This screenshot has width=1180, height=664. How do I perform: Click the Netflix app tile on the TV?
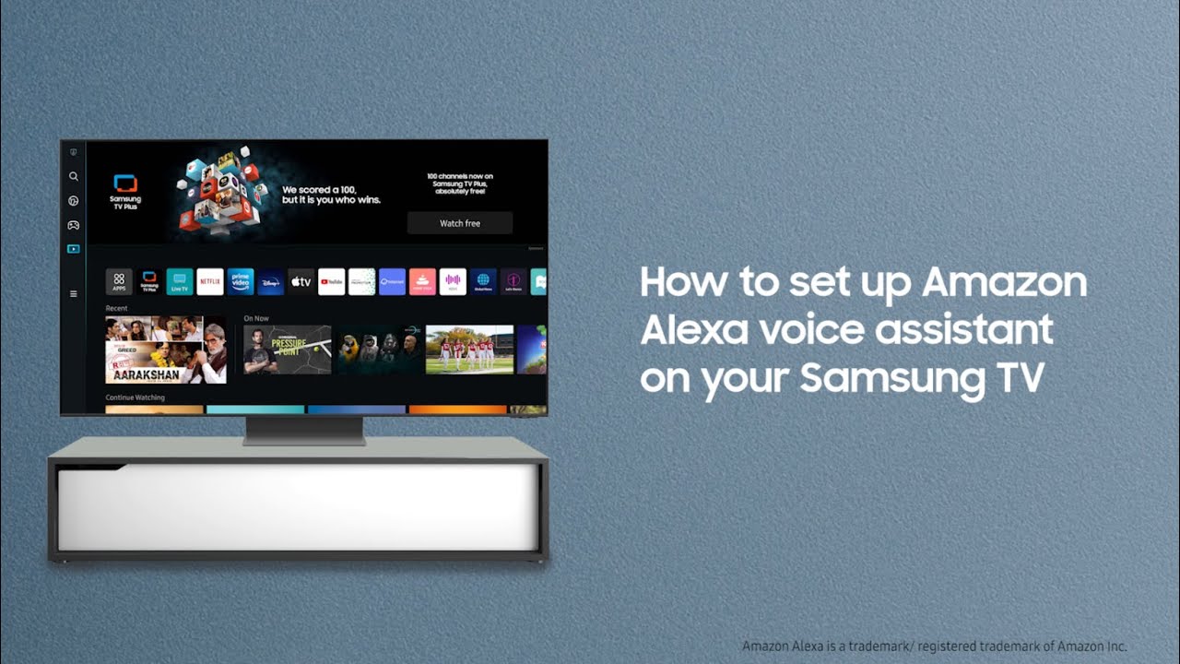tap(210, 281)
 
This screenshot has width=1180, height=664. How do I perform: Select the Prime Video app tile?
tap(241, 281)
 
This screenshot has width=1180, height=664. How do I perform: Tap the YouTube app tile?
tap(331, 281)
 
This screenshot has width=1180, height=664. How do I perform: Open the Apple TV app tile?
tap(301, 281)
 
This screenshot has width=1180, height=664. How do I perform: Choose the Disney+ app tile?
tap(270, 281)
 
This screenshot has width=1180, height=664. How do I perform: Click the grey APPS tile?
tap(119, 281)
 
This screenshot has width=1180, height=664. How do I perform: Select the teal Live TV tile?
tap(180, 281)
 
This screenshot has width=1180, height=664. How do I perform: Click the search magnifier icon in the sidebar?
tap(74, 176)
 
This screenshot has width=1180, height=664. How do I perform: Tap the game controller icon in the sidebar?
tap(74, 225)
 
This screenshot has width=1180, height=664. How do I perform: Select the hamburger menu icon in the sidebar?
tap(74, 293)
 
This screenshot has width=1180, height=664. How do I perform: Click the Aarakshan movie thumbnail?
tap(166, 350)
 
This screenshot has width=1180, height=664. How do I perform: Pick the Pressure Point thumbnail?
tap(287, 350)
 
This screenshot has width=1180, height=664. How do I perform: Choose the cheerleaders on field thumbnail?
tap(469, 350)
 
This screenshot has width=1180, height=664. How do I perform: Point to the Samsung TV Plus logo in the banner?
tap(125, 190)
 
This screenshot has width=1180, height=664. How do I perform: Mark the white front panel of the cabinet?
tap(298, 507)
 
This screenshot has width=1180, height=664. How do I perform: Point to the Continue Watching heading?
tap(136, 397)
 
